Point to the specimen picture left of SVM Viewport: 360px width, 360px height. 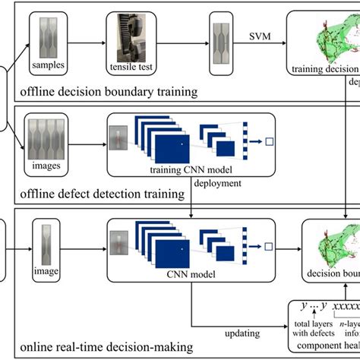pyautogui.click(x=221, y=36)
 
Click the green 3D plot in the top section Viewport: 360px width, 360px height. pyautogui.click(x=327, y=42)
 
